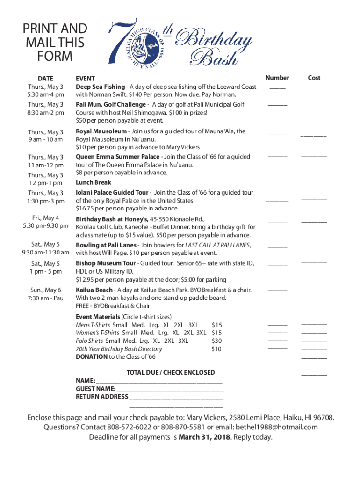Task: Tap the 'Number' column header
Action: coord(277,78)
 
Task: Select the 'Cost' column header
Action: coord(314,78)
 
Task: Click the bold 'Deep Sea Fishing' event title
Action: coord(100,87)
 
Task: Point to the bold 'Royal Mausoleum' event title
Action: coord(101,131)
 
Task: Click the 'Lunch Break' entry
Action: coord(94,182)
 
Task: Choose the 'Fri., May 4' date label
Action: coord(45,218)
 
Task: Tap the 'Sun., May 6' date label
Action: coord(45,290)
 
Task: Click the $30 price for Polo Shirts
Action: coord(216,341)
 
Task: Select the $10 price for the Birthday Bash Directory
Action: coord(216,349)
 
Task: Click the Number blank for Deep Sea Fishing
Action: coord(277,88)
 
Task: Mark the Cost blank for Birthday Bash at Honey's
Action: coord(314,221)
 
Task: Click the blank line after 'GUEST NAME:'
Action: coord(170,389)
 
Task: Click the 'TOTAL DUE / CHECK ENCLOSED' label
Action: coord(171,372)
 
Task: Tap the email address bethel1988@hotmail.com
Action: coord(273,427)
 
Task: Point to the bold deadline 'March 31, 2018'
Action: coord(205,437)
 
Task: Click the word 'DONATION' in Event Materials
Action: coord(92,356)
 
